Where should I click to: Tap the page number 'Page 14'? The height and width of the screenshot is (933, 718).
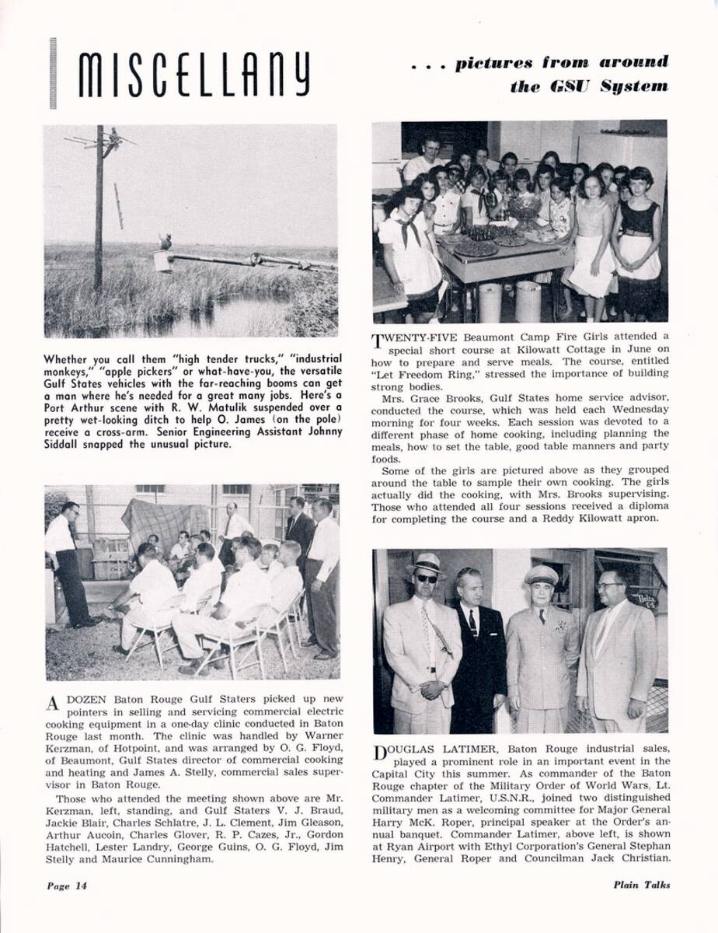[x=66, y=885]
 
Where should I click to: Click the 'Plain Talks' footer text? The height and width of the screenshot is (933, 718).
[x=641, y=884]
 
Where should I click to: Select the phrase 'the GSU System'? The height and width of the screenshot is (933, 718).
[x=589, y=86]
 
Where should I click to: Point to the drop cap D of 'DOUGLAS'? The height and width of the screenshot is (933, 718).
[x=379, y=753]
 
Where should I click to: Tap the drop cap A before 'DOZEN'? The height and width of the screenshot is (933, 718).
[x=52, y=704]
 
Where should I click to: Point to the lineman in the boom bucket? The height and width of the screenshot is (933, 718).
[x=165, y=243]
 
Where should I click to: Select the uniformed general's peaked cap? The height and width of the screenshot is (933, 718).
[x=541, y=575]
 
